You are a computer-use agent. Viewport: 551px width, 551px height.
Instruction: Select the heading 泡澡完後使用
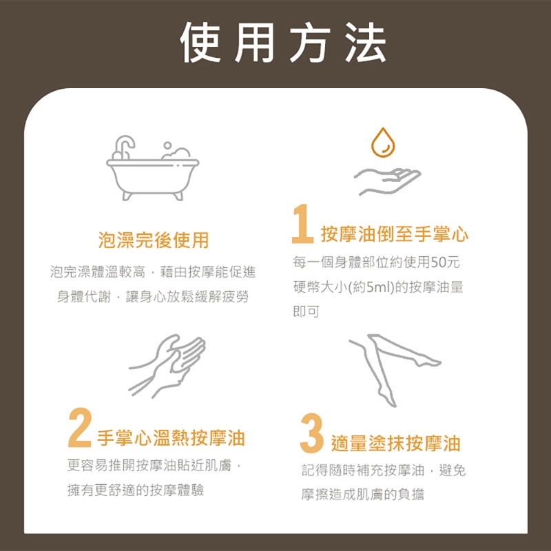pos(153,240)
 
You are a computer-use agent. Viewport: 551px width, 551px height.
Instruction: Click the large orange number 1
pos(302,224)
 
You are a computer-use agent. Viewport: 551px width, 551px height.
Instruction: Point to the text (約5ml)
pos(372,287)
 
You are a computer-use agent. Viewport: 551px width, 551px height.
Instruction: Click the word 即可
pos(306,311)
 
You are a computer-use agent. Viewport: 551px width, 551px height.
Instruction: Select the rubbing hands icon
pos(167,365)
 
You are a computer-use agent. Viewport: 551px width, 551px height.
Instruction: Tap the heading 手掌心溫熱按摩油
pos(171,438)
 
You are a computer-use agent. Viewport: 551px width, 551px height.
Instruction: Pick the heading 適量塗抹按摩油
pos(395,442)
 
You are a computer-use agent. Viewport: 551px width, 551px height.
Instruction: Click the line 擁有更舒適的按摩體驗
pos(136,490)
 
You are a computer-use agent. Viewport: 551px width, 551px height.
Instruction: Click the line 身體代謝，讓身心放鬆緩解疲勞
pos(153,297)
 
